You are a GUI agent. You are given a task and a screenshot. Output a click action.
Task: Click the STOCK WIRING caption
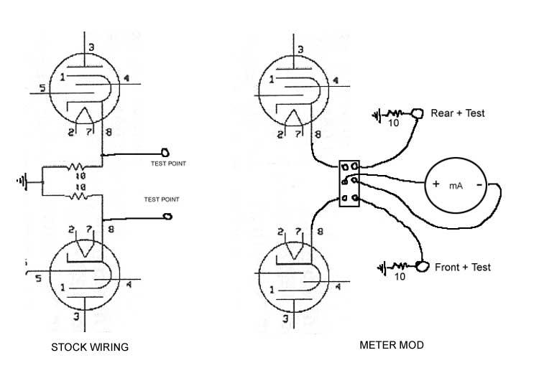89,347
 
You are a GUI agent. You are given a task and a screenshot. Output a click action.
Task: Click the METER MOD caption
391,345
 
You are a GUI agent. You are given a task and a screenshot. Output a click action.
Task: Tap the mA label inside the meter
456,185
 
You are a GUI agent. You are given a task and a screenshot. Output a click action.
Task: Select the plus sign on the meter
436,184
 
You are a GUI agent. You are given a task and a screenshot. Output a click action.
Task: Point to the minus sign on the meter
478,184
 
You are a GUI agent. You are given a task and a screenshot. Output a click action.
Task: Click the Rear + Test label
457,113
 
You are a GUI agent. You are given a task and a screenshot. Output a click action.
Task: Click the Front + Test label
463,267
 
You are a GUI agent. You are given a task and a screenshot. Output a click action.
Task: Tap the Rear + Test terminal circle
417,113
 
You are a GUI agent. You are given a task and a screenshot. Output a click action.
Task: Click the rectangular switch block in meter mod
349,183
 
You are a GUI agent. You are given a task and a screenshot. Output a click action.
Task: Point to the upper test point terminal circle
165,152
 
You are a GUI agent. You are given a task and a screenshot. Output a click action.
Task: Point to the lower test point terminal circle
168,216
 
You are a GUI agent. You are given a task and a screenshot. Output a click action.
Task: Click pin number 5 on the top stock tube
42,88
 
